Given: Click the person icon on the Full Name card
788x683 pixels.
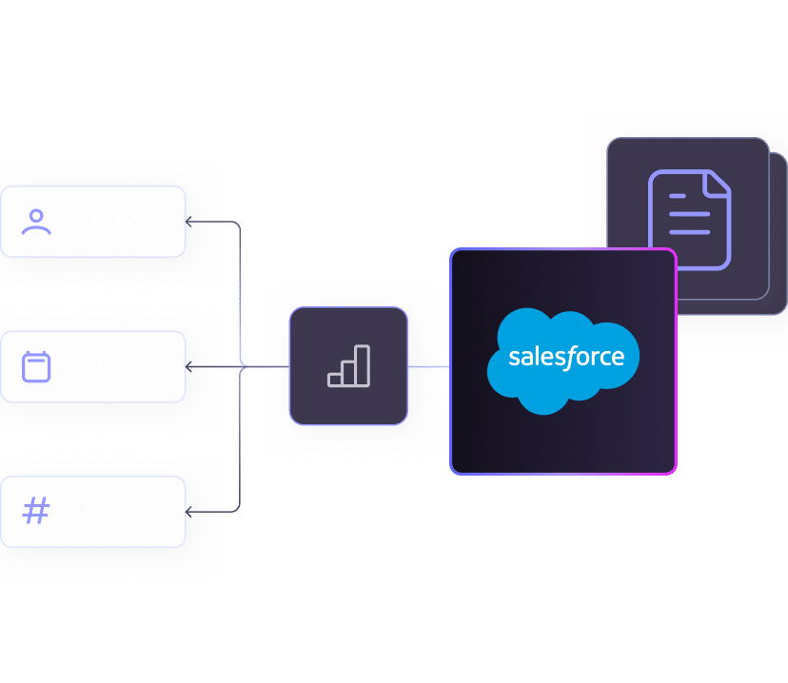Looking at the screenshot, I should pos(37,222).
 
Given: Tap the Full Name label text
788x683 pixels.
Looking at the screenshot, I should pos(117,221).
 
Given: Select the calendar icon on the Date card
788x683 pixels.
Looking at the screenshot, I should pos(37,366).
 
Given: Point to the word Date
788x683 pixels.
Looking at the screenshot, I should pos(94,366).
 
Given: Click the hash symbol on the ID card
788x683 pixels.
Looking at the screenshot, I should pos(36,511).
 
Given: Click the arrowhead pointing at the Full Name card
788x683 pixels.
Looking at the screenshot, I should pos(189,222).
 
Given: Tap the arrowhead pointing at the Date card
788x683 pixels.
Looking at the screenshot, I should pos(189,366).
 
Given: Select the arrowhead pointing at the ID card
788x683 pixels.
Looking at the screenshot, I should pos(189,512).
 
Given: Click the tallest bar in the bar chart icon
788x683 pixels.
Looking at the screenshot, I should pos(364,365).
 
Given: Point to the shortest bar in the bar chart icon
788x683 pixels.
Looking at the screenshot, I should pos(335,380).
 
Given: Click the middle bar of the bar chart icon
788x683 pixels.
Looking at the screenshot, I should pos(349,373).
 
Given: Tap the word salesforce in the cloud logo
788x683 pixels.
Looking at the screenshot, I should pos(566,358).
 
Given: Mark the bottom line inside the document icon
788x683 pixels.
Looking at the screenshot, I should pos(689,231).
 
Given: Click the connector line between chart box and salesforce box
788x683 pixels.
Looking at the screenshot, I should pos(428,366).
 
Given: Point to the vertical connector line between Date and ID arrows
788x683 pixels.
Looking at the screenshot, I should pos(240,438).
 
